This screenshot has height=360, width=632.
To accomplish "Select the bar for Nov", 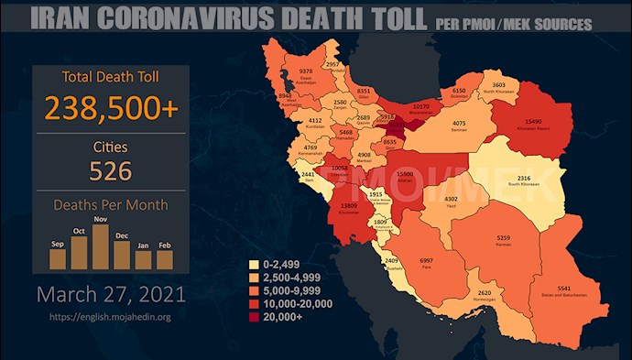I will (101, 246).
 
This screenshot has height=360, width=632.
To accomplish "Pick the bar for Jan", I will (143, 260).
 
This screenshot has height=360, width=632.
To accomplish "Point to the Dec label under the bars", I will (122, 235).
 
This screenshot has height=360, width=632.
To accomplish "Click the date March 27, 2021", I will (111, 295).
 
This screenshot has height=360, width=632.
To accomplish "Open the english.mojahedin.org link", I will (112, 317).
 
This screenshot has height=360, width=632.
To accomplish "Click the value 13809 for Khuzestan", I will (348, 206).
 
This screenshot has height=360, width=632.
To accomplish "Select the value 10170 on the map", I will (420, 106).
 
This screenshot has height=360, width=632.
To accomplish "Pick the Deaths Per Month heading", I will (111, 206).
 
